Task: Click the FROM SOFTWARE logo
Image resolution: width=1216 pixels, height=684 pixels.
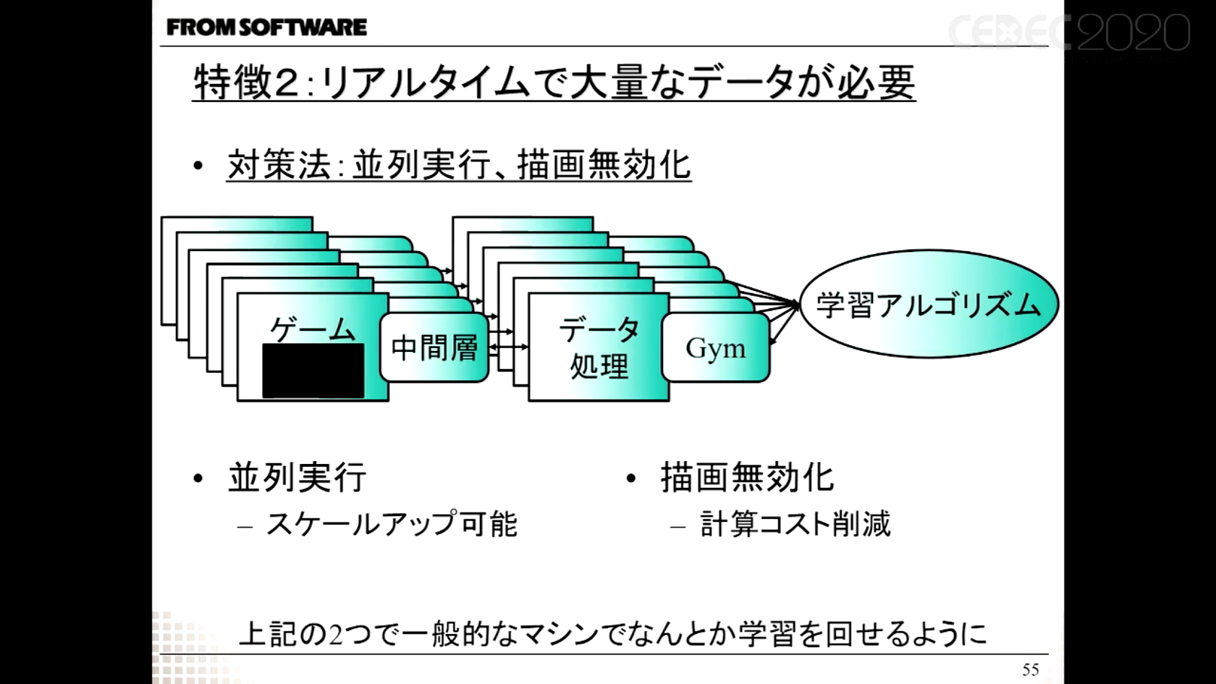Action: pyautogui.click(x=266, y=28)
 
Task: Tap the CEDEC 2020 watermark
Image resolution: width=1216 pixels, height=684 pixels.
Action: pyautogui.click(x=1070, y=33)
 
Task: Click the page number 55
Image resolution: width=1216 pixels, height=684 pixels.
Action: pyautogui.click(x=1031, y=670)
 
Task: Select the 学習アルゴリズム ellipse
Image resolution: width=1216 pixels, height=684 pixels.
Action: pyautogui.click(x=929, y=304)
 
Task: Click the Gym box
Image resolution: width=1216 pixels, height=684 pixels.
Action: pyautogui.click(x=715, y=348)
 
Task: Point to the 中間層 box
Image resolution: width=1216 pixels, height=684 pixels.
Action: pyautogui.click(x=434, y=348)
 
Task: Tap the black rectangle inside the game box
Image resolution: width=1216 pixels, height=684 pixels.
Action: pyautogui.click(x=313, y=371)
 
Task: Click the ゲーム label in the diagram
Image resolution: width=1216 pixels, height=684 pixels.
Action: pyautogui.click(x=313, y=329)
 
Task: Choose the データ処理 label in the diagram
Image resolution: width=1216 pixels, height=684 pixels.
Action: pyautogui.click(x=599, y=348)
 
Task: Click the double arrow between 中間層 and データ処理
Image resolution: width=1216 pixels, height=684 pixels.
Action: pyautogui.click(x=509, y=347)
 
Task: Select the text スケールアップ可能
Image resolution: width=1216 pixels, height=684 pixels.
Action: pyautogui.click(x=392, y=524)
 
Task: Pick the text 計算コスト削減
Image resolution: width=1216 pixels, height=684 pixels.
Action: pyautogui.click(x=795, y=524)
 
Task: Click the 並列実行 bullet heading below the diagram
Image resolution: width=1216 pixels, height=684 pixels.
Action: pyautogui.click(x=297, y=478)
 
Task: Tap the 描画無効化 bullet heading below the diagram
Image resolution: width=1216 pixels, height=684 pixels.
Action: pyautogui.click(x=747, y=478)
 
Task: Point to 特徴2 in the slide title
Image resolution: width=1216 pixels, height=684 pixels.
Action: pyautogui.click(x=246, y=82)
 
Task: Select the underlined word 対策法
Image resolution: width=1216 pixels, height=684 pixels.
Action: pyautogui.click(x=279, y=165)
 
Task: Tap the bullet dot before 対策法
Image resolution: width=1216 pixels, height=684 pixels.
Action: pyautogui.click(x=198, y=166)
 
